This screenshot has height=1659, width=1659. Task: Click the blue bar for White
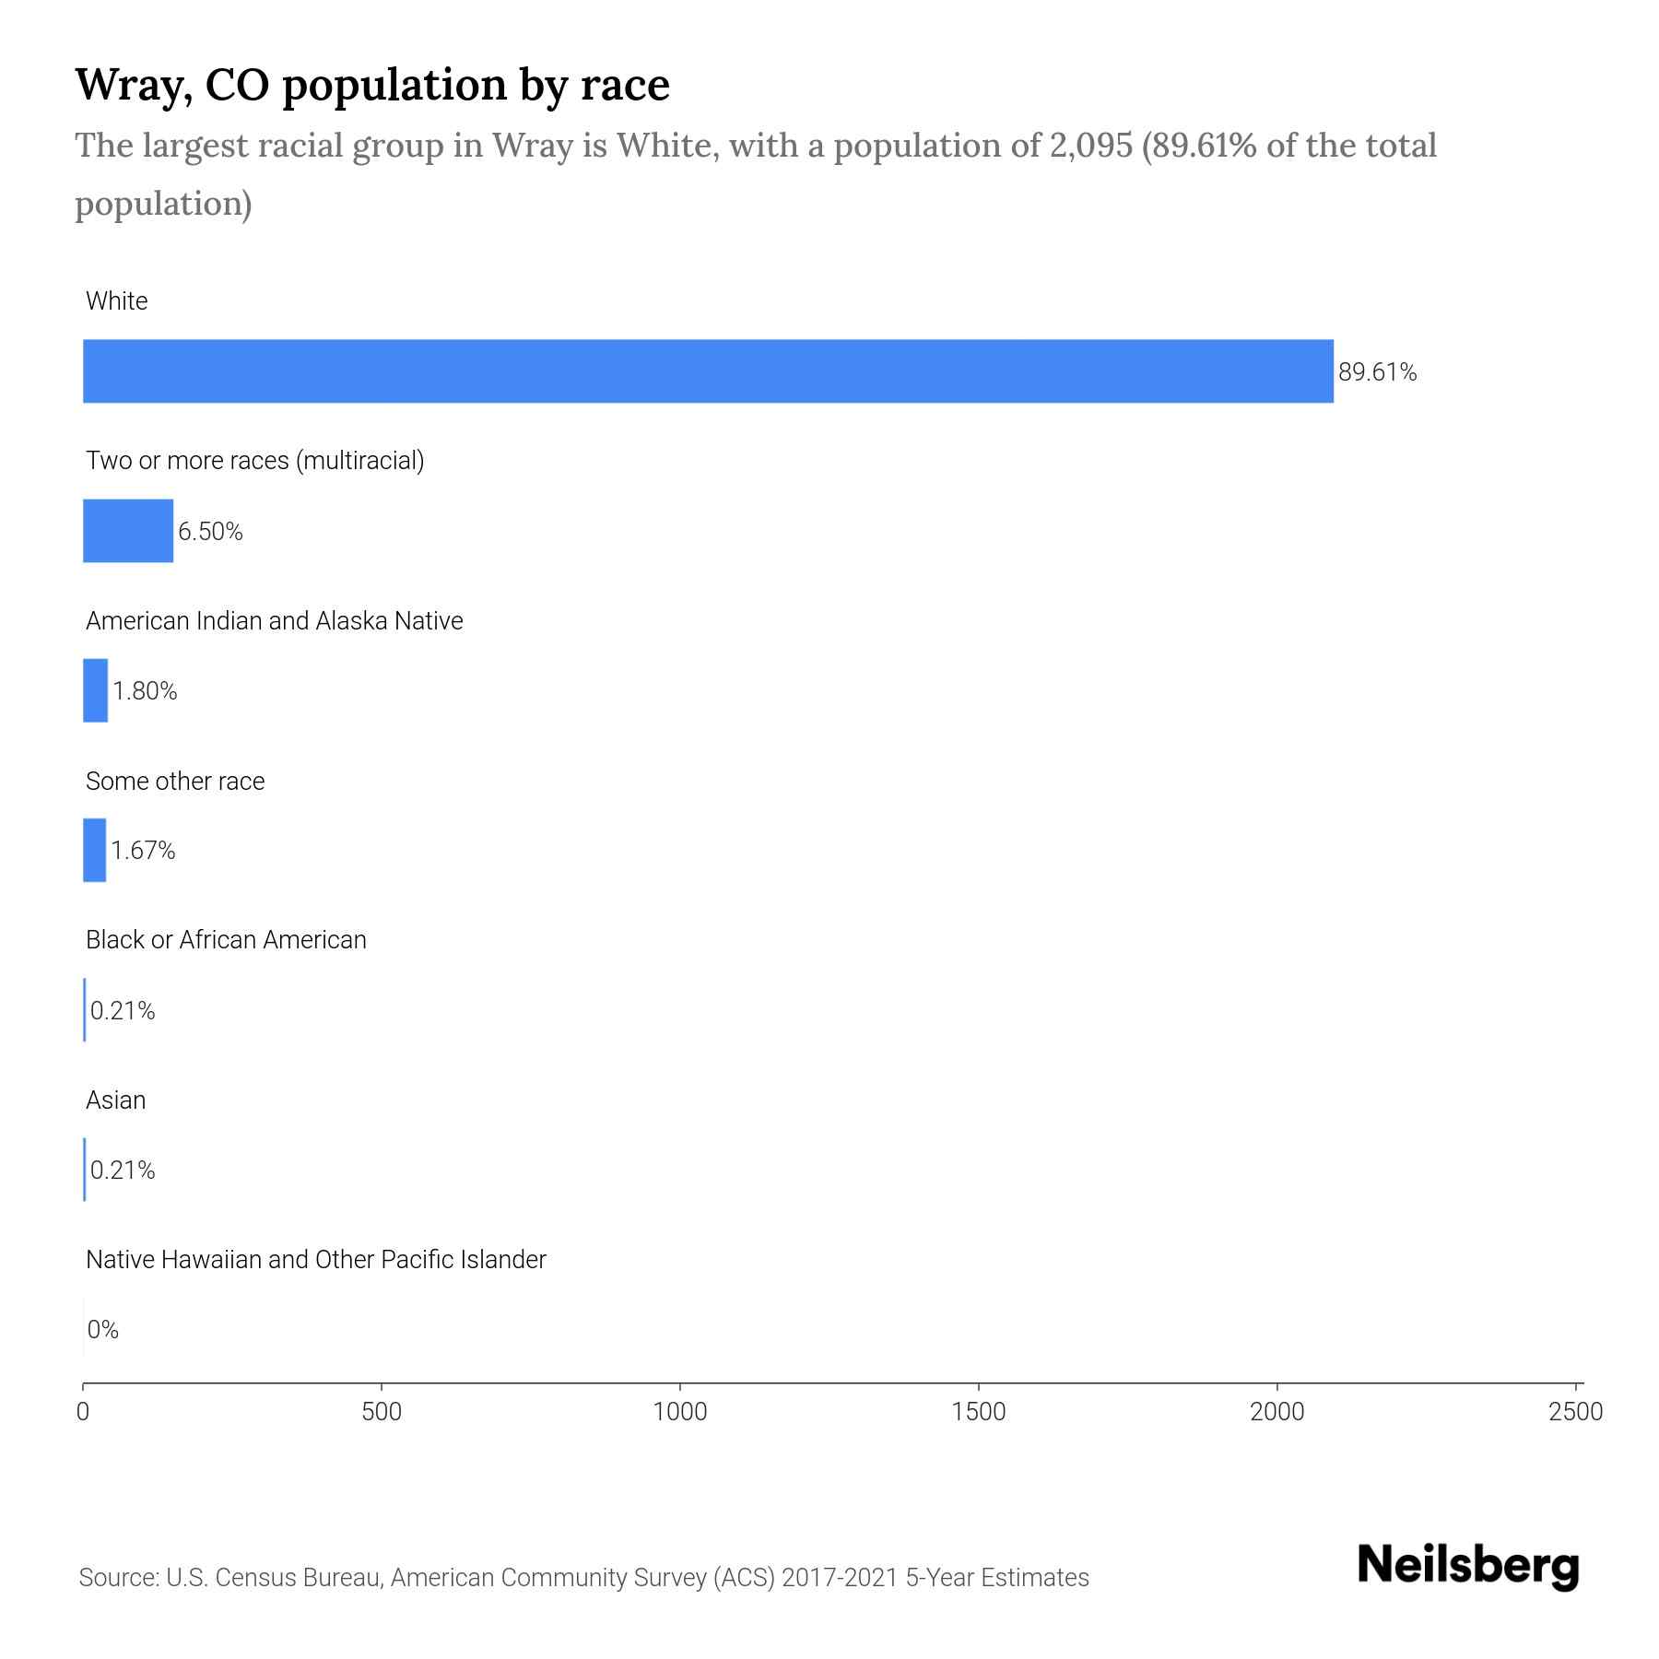tap(708, 371)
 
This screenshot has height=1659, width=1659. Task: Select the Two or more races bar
tap(128, 531)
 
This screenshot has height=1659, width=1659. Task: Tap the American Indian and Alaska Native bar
tap(95, 690)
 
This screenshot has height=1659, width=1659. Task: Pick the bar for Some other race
tap(94, 850)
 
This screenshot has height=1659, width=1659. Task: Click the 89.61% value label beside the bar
tap(1377, 372)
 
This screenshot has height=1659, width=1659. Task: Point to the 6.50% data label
tap(210, 532)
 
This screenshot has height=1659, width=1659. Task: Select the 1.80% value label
tap(145, 691)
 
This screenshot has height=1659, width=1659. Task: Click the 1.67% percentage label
tap(143, 851)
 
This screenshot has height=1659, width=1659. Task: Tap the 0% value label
tap(102, 1329)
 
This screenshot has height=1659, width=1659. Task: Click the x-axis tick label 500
tap(382, 1412)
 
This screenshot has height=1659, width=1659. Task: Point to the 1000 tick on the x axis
tap(680, 1412)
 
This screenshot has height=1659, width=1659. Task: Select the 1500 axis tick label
tap(979, 1412)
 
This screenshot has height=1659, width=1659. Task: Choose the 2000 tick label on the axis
tap(1277, 1412)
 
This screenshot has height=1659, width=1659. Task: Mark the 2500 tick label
tap(1576, 1412)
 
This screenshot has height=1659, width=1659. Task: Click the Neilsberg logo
tap(1468, 1566)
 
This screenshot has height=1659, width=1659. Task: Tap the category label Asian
tap(115, 1100)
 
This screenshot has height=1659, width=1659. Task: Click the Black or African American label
tap(226, 940)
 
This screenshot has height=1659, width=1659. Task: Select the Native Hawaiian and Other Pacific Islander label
tap(315, 1259)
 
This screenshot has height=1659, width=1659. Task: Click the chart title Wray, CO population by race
tap(372, 85)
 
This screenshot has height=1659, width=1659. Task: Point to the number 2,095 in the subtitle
tap(1090, 146)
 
